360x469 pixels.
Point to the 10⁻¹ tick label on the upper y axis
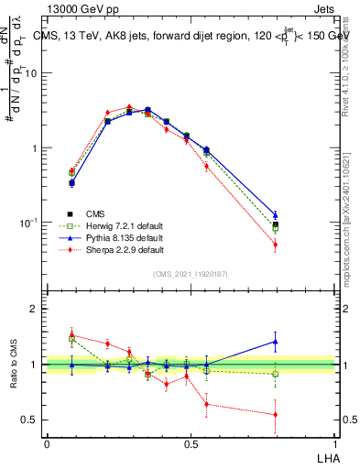click(x=29, y=223)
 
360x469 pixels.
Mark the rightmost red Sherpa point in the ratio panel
click(x=275, y=415)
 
